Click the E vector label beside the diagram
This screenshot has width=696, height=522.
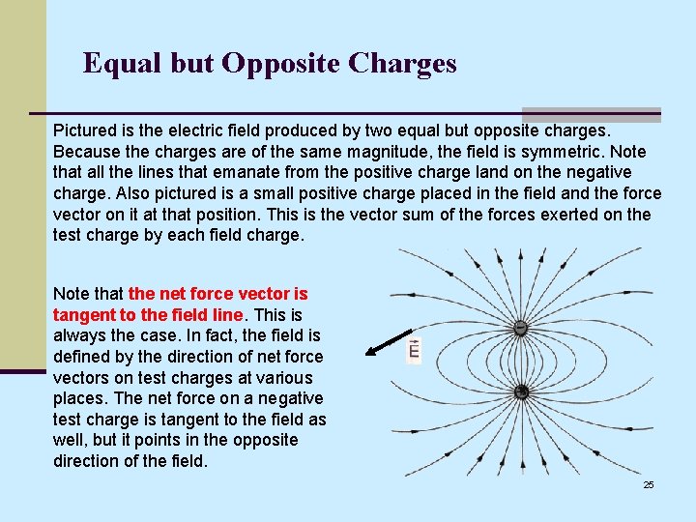414,350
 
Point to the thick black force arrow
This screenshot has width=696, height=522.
386,343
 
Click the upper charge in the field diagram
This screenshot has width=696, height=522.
520,328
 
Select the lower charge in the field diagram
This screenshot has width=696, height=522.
521,391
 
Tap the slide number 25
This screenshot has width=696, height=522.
649,484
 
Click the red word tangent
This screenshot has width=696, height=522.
84,314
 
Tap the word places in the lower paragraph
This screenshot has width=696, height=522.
80,398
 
